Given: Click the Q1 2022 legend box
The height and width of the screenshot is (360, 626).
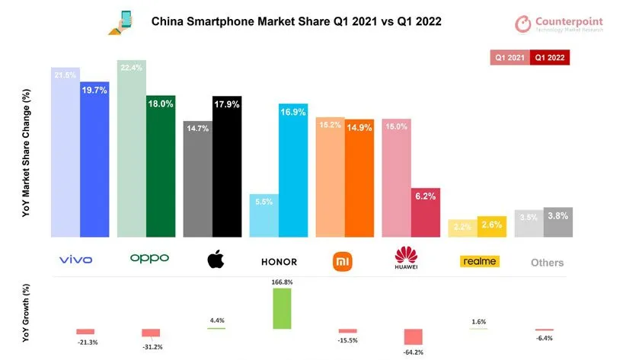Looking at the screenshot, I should [x=551, y=57].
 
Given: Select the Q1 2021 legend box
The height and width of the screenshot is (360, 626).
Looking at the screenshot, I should [x=511, y=57].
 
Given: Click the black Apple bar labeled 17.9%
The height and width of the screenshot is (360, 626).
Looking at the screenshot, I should [x=226, y=167].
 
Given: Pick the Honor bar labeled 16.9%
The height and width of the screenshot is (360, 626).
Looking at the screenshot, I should [x=293, y=170].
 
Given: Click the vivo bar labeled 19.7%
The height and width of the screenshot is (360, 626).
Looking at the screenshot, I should [x=94, y=160].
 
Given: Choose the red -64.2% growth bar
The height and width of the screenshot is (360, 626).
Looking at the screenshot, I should [x=414, y=337].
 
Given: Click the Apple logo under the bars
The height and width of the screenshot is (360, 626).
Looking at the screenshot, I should [x=216, y=260].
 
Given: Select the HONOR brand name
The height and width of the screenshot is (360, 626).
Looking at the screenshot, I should [x=278, y=262].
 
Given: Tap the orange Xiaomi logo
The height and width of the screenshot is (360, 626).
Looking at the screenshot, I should [x=343, y=261].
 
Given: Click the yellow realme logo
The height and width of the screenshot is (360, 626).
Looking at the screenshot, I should [x=480, y=261].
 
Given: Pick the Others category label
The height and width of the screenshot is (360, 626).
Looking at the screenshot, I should [x=547, y=263].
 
